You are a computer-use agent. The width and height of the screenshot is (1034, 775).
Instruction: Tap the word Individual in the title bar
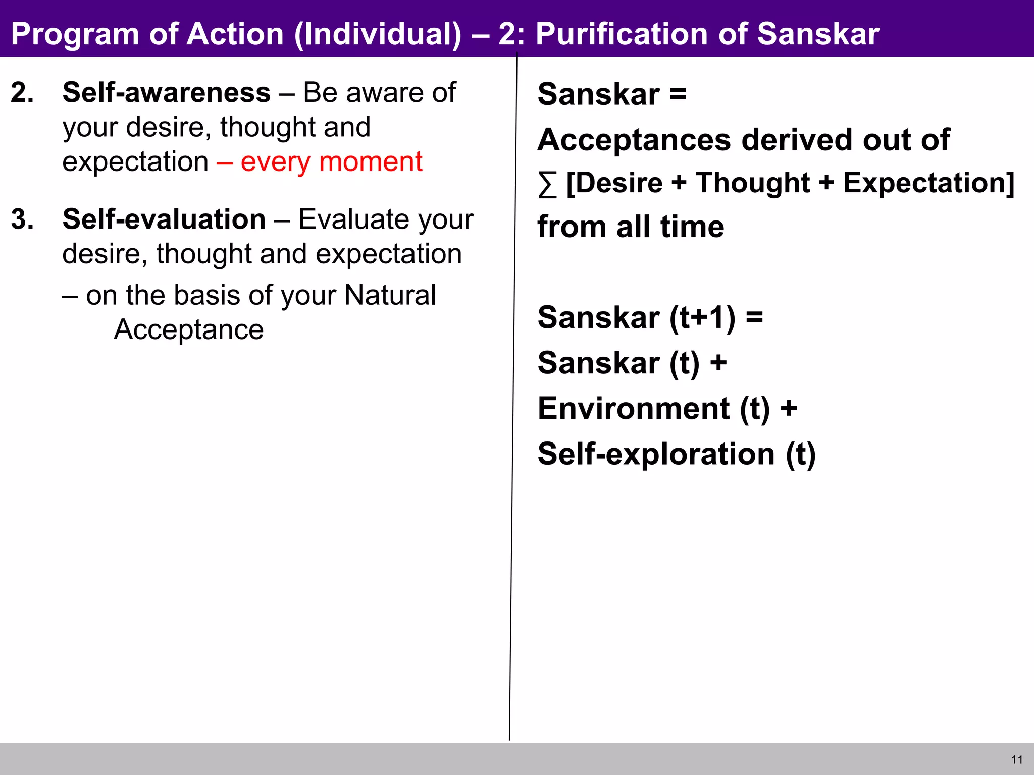pos(378,34)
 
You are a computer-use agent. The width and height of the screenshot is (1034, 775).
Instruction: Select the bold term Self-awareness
pos(167,93)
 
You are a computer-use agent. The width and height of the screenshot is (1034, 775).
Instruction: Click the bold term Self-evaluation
pos(164,219)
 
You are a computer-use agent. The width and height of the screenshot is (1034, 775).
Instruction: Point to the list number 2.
pos(22,93)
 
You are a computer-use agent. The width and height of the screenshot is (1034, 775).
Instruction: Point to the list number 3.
pos(22,219)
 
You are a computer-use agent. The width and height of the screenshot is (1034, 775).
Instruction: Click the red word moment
pos(371,162)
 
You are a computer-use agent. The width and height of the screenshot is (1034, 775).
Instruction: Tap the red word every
pos(275,162)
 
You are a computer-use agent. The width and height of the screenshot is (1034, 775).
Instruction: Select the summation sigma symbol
pos(547,185)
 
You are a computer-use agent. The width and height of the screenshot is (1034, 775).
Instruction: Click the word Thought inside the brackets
pos(753,183)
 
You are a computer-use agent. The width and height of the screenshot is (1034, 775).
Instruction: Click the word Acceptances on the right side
pos(634,140)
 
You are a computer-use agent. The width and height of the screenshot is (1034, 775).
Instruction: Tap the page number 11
pos(1017,760)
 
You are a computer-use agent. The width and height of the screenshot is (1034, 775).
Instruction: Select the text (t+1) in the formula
pos(702,318)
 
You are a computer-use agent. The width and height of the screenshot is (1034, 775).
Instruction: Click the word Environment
pos(634,408)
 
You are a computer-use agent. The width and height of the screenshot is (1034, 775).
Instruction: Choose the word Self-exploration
pos(656,454)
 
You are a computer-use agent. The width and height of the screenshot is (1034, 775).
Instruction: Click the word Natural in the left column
pos(390,295)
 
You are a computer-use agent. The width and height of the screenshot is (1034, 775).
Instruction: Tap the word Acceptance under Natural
pos(189,330)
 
